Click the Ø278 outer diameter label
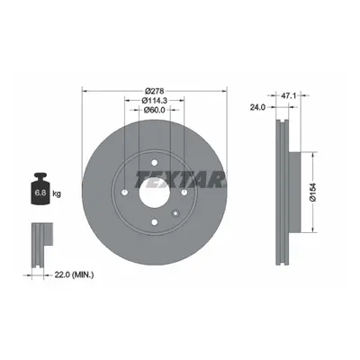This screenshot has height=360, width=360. point(154,91)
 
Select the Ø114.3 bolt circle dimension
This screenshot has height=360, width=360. point(154,101)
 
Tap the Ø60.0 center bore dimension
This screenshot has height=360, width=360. point(154,110)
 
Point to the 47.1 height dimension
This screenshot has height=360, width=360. point(288,95)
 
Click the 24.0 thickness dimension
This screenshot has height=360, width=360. point(257,107)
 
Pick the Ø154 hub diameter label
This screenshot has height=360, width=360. point(313,192)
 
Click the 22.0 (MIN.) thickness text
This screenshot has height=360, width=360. point(74,274)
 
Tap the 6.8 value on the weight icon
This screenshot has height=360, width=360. point(40,193)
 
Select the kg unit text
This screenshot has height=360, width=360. point(57,193)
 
